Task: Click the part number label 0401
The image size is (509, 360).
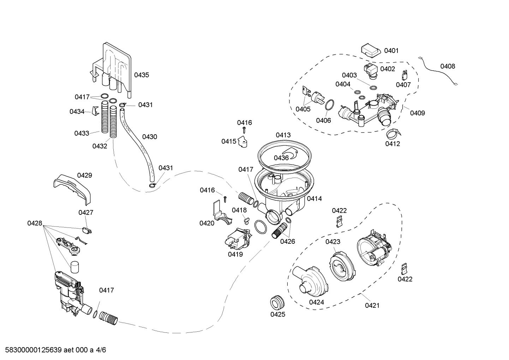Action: click(391, 51)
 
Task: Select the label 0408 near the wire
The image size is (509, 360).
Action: click(447, 66)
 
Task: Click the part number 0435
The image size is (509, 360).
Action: click(141, 75)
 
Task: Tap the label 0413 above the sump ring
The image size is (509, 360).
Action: click(283, 135)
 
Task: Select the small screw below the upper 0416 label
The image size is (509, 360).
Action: click(244, 132)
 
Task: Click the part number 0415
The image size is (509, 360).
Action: click(229, 141)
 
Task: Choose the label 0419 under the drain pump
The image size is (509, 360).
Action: click(235, 254)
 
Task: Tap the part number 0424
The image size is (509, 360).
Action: click(316, 302)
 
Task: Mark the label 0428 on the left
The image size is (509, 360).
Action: click(35, 223)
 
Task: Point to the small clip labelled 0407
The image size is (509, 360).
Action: click(405, 75)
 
